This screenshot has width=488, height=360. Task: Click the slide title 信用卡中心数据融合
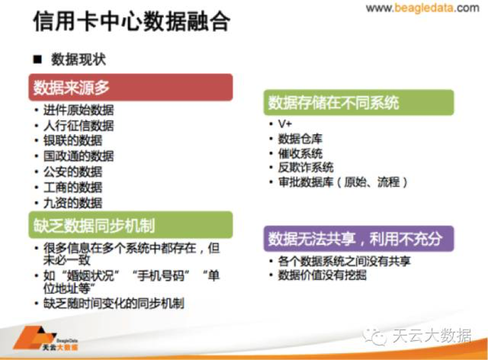(131, 21)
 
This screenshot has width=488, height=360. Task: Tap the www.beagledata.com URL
(422, 8)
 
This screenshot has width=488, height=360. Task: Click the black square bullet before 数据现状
(37, 59)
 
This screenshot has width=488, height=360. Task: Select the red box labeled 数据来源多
(131, 87)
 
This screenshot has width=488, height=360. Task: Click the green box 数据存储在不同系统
(359, 102)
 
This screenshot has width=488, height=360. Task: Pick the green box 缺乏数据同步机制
(131, 225)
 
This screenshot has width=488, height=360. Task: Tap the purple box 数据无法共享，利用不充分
(359, 238)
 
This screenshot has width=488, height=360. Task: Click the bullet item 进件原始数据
(79, 110)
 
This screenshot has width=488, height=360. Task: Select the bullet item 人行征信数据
(79, 126)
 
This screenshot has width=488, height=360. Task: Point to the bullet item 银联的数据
(73, 141)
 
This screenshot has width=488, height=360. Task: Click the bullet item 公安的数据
(73, 172)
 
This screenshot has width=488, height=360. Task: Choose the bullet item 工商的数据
(73, 187)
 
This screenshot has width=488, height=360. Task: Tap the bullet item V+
(285, 124)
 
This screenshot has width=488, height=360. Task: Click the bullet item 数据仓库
(300, 139)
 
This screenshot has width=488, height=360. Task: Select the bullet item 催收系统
(300, 154)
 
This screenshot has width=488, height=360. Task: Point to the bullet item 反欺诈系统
(305, 167)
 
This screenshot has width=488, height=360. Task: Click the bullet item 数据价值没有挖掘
(322, 275)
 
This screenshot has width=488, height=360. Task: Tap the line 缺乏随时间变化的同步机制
(113, 304)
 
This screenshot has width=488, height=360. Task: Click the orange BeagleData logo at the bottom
(45, 338)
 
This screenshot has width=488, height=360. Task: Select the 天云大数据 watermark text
(432, 336)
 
